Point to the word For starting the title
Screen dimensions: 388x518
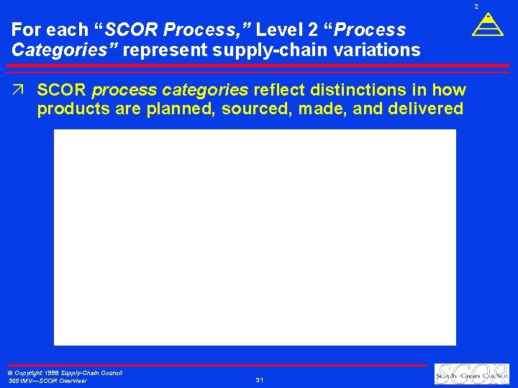27,31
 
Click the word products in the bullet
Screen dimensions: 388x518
68,109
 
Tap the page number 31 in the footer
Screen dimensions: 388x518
259,380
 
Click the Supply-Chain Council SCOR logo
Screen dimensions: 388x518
471,374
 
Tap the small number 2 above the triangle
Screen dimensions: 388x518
476,6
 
